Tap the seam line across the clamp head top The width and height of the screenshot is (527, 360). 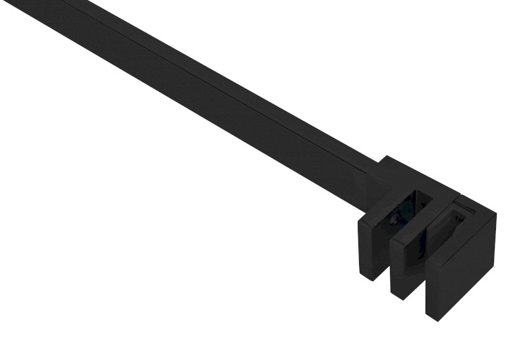(x=461, y=199)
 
